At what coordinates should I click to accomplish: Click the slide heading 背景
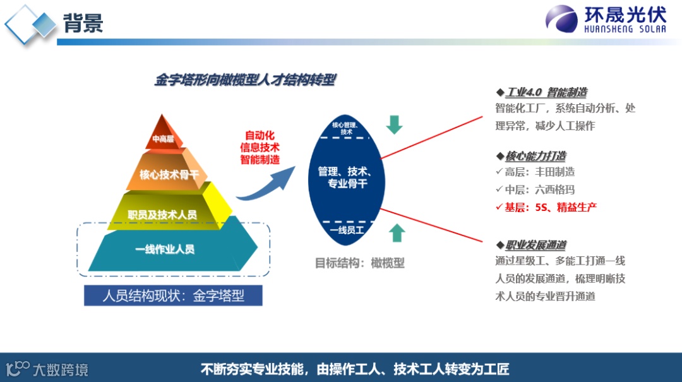(83, 23)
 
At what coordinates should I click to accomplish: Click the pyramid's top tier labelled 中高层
(163, 139)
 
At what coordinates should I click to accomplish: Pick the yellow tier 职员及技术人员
(162, 215)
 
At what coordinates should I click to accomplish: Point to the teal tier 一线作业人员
(165, 249)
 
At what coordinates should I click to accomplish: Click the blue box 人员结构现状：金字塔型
(173, 295)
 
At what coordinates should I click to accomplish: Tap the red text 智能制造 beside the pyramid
(260, 160)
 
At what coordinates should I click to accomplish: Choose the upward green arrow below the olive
(397, 232)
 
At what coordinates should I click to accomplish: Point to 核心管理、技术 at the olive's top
(346, 128)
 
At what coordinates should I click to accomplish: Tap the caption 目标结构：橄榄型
(359, 263)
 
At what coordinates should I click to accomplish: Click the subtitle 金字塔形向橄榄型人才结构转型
(245, 80)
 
